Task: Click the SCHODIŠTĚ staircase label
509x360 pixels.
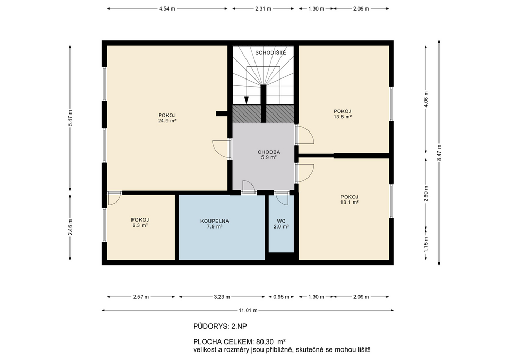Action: tap(270, 52)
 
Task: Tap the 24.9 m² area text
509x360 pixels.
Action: tap(166, 121)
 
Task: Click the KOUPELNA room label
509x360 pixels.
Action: tap(214, 220)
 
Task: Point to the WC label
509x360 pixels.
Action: tap(281, 220)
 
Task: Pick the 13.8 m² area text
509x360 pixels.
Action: tap(343, 117)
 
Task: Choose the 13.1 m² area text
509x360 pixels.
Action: tap(349, 202)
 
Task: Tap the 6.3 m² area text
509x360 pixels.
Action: tap(140, 226)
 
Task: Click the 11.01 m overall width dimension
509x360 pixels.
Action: tap(248, 310)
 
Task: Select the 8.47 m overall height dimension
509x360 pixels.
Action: tap(439, 152)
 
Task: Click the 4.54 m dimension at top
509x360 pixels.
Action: tap(167, 8)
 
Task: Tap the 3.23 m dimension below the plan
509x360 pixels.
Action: tap(222, 297)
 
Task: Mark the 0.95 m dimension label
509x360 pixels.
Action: tap(281, 297)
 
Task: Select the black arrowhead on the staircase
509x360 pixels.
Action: tap(247, 100)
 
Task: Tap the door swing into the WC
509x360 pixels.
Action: tap(282, 199)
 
